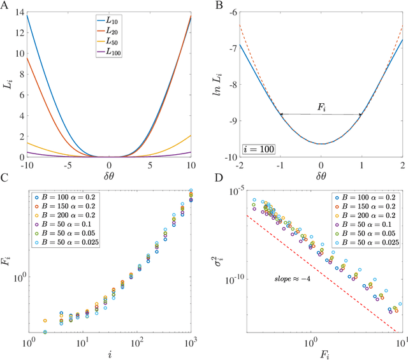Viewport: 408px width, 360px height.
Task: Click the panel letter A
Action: tap(4, 6)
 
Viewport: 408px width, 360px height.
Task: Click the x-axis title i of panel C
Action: tap(110, 354)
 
